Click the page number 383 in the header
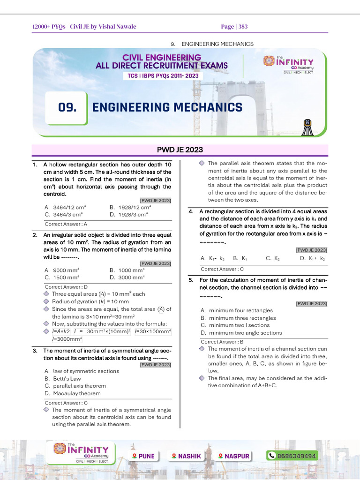[x=243, y=27]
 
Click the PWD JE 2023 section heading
[x=180, y=150]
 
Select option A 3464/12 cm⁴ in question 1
[x=65, y=207]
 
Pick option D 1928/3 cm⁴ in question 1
[x=128, y=214]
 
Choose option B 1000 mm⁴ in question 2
[x=127, y=270]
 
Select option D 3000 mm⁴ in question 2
[x=127, y=277]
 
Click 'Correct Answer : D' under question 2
[x=66, y=286]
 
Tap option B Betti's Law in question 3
[x=63, y=378]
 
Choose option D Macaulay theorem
[x=72, y=393]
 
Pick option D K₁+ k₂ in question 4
[x=313, y=258]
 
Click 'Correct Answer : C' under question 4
[x=222, y=269]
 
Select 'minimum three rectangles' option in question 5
[x=238, y=318]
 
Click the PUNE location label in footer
[x=143, y=456]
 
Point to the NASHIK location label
[x=187, y=456]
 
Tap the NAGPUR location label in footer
[x=234, y=456]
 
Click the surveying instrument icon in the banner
[x=307, y=127]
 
